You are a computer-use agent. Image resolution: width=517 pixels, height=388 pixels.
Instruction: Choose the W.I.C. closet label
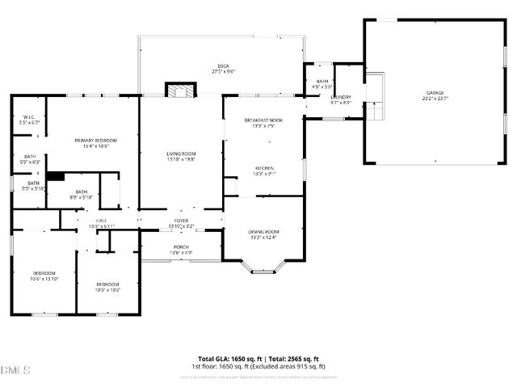coord(31,119)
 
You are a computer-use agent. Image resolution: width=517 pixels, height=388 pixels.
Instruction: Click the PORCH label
coord(181,250)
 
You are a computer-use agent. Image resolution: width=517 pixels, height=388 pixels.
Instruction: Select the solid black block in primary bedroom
coord(55,175)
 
